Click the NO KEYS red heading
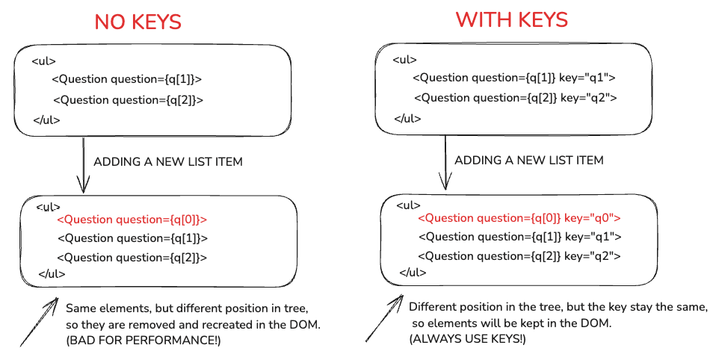[138, 22]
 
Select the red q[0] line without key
[132, 220]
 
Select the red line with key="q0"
[519, 218]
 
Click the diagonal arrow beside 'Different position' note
[385, 321]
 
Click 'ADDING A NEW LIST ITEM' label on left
[167, 162]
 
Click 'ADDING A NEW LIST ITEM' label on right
[528, 161]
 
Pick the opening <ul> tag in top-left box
[43, 61]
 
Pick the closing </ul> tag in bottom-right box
[413, 273]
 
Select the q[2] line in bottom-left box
[132, 258]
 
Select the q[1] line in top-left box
[127, 80]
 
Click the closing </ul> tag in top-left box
[46, 120]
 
